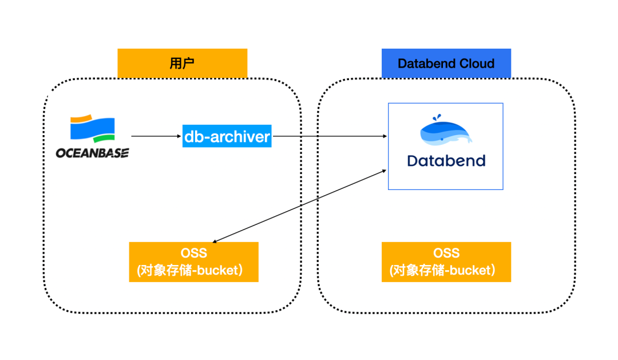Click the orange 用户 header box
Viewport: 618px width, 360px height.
182,63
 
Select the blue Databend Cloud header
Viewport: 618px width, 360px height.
446,63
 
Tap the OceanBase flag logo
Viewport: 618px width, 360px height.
93,129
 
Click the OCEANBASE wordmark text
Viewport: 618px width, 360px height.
92,153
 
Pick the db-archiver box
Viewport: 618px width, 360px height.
227,136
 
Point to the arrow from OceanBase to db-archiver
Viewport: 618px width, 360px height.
156,136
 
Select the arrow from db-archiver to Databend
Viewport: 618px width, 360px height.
330,136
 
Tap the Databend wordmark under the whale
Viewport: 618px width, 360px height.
446,161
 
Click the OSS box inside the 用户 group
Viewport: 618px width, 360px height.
193,262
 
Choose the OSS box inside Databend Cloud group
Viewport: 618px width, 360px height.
446,262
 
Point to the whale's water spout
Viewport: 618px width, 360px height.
437,117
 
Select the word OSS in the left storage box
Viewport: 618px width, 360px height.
193,253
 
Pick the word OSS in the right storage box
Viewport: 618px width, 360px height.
446,253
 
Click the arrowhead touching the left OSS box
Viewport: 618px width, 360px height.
215,240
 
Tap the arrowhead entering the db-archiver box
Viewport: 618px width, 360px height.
179,136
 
